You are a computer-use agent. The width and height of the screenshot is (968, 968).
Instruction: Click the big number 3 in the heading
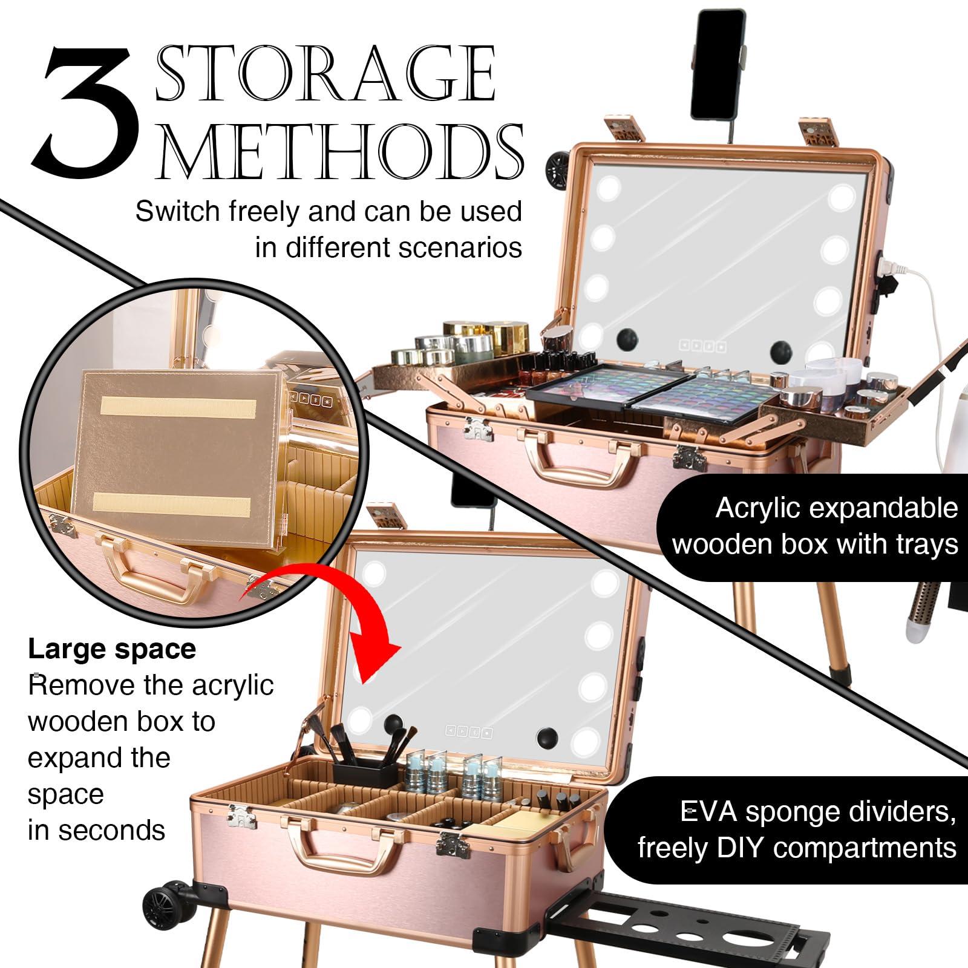tap(85, 109)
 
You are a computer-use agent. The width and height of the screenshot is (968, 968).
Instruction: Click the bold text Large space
tap(112, 649)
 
